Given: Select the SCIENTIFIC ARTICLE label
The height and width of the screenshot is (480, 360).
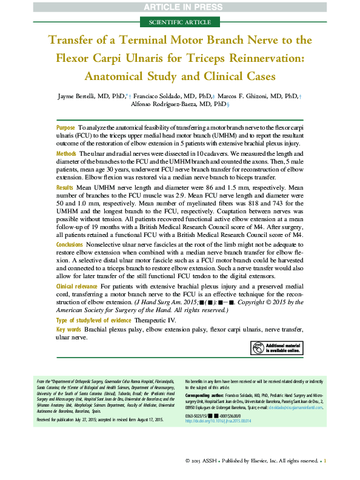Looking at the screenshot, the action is [180, 22].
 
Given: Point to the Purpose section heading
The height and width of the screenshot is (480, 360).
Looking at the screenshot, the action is [65, 128].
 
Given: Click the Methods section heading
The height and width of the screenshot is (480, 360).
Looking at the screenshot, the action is [66, 155].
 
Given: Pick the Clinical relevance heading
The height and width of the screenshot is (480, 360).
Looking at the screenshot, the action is [76, 285].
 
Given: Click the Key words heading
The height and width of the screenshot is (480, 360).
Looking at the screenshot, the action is [68, 329].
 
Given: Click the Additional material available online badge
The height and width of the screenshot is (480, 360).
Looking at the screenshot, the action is [275, 348].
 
